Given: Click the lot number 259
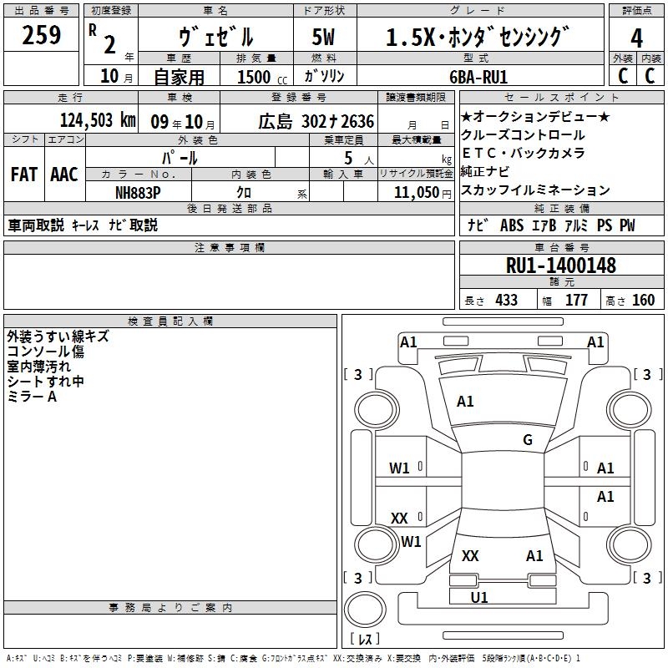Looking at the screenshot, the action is [x=42, y=36].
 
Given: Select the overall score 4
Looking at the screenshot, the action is [x=636, y=38].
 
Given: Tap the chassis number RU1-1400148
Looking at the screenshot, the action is [x=561, y=266].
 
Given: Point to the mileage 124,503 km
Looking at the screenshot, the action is [x=97, y=120].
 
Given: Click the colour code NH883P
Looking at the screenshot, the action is [x=139, y=192].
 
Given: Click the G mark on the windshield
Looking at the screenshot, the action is [x=528, y=440].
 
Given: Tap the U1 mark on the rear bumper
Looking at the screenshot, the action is [x=479, y=597].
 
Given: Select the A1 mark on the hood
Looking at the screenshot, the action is [x=465, y=402].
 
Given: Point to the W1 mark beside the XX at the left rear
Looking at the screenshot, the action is [x=411, y=542].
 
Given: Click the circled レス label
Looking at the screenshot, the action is [x=364, y=639].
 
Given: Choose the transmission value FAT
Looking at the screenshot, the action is [x=24, y=175].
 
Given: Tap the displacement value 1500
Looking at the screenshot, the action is [x=254, y=77].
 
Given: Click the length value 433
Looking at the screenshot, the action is [x=506, y=301].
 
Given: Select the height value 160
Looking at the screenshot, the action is [x=643, y=301].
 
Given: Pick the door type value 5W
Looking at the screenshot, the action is [x=324, y=38].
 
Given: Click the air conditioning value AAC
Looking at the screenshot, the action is [x=64, y=175].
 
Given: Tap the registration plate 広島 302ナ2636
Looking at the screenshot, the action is [x=316, y=121].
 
